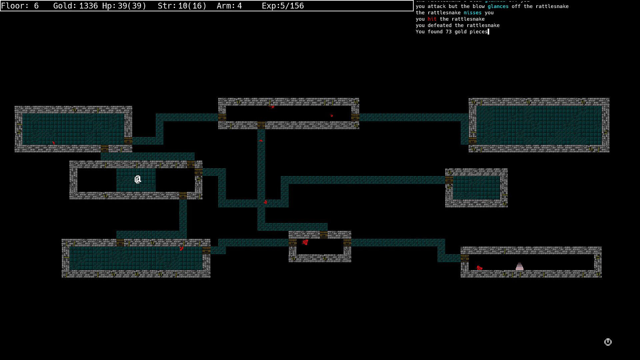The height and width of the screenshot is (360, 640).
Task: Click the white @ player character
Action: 138,180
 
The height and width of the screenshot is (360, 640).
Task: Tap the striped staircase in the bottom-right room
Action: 519,266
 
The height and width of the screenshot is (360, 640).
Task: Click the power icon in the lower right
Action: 608,342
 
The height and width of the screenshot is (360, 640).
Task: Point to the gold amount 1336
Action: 88,6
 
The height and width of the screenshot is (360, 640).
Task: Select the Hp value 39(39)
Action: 132,6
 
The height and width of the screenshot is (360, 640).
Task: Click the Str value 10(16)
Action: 192,6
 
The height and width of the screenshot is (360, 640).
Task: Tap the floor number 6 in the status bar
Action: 36,6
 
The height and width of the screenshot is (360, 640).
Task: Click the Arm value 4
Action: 239,6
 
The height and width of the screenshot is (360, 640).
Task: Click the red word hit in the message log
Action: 432,19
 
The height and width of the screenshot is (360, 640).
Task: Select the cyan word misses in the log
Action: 472,13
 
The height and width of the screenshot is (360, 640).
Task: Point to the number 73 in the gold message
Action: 448,32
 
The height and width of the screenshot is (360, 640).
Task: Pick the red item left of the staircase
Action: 479,268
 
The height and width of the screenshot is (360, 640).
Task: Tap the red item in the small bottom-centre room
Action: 305,242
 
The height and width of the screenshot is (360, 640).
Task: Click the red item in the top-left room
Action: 53,143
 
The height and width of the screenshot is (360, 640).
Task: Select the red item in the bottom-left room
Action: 181,248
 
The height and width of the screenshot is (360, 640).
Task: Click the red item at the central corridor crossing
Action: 265,202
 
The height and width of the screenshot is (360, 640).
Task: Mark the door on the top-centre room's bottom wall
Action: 261,125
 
